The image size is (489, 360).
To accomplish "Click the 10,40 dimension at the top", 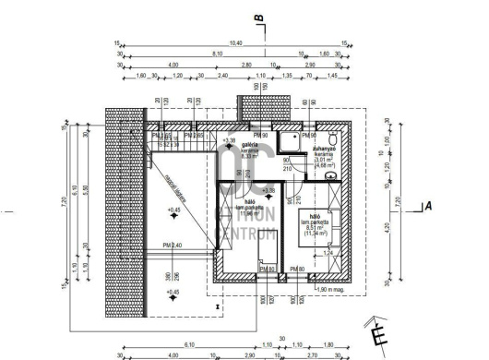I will (235, 43).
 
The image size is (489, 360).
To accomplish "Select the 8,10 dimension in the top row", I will (218, 55).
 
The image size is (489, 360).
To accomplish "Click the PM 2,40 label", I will (173, 245).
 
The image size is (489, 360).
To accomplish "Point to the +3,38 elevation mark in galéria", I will (230, 139).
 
